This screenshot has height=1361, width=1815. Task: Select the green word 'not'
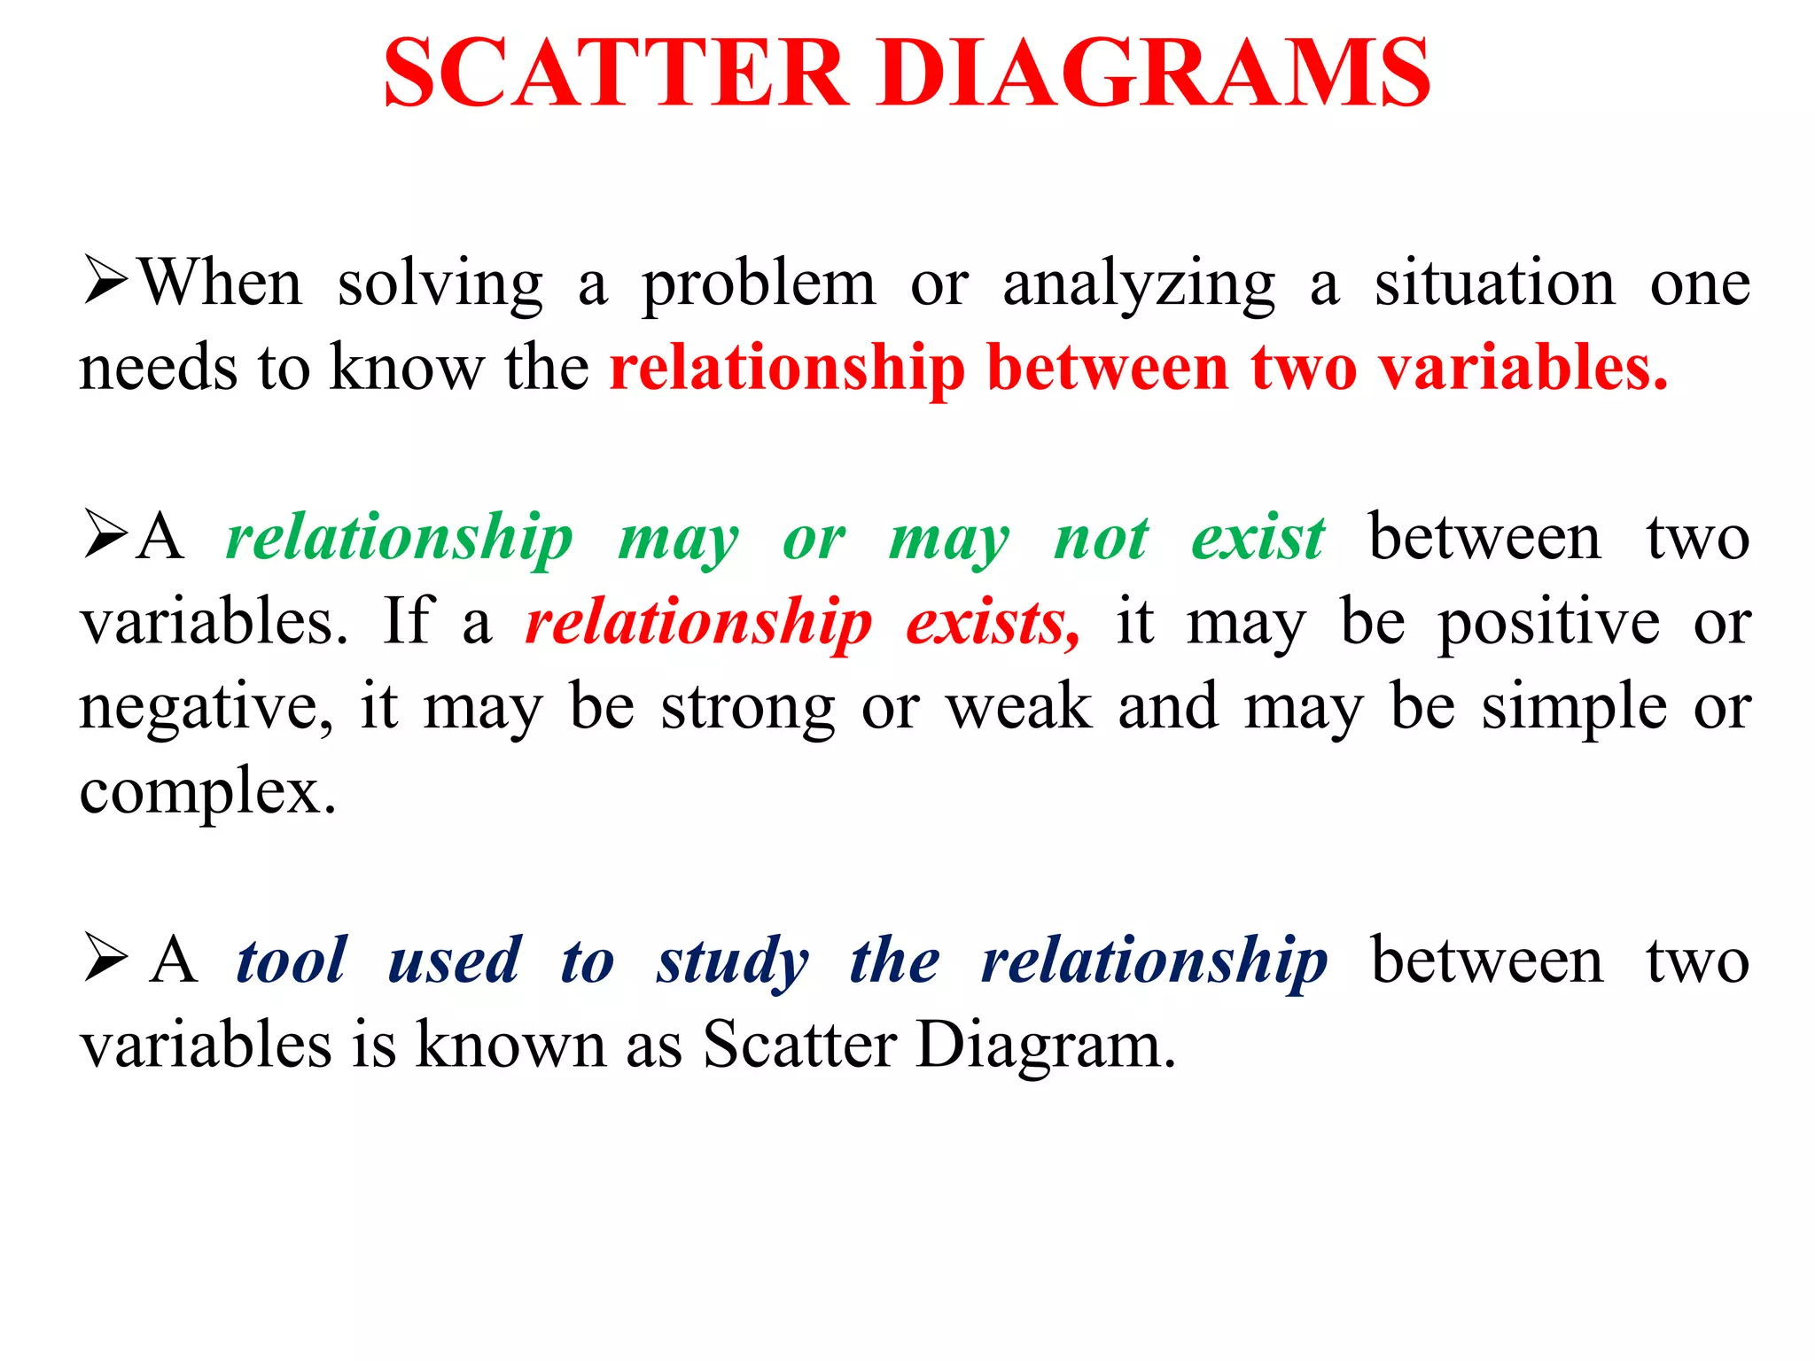click(1102, 538)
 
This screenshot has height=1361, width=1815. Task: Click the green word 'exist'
click(1258, 538)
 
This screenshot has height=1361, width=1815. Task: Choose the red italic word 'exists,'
click(993, 622)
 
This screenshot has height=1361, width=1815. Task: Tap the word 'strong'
click(748, 709)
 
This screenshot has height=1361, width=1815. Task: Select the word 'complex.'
click(208, 792)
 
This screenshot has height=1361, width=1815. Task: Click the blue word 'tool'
click(291, 960)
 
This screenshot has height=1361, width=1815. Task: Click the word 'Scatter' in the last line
click(799, 1045)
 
